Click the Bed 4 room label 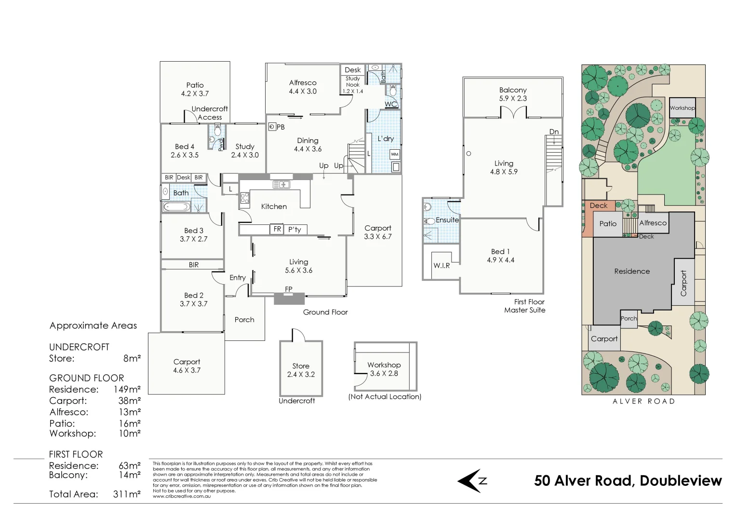185,146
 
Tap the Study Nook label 353,81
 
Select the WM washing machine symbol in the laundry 395,155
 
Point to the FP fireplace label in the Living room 288,289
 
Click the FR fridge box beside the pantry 277,229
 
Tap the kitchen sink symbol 281,184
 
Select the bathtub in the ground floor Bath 176,207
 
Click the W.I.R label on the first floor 442,265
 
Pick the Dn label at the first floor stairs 554,131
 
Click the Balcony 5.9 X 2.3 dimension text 513,98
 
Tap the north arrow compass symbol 471,481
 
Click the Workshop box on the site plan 682,108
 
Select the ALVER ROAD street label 643,401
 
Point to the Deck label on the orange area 599,206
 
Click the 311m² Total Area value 127,494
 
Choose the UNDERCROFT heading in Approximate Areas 79,347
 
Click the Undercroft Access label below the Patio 210,113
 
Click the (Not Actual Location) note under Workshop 385,397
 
